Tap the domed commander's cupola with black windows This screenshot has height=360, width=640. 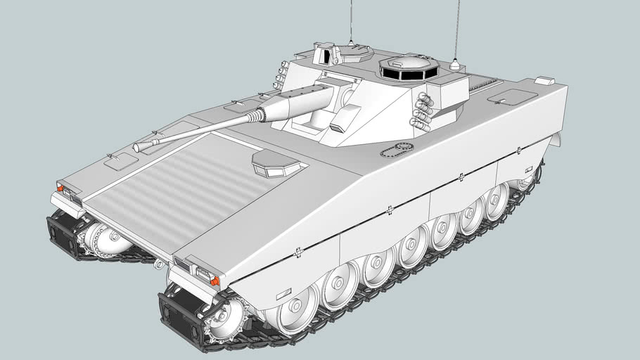(x=409, y=68)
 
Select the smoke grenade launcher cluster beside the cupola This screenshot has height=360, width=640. (x=423, y=111)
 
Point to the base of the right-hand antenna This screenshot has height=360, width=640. (x=454, y=65)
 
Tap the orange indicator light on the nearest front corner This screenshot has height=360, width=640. (x=215, y=281)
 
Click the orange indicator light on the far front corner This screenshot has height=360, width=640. (x=60, y=188)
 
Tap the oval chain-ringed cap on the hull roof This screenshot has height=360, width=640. (x=397, y=150)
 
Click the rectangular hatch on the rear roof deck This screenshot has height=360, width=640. (x=512, y=97)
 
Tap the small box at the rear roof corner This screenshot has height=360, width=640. (x=544, y=81)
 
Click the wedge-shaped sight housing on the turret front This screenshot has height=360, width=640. (x=343, y=119)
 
